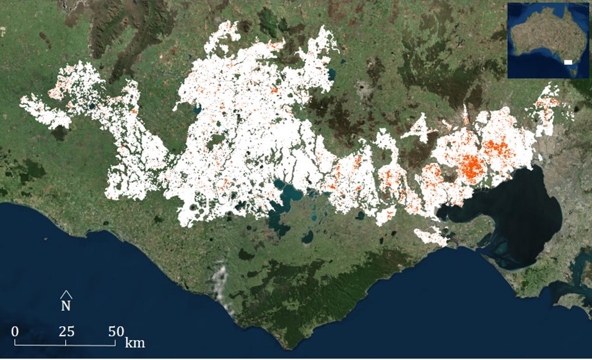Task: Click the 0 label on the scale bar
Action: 15,331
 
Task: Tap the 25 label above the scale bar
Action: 66,331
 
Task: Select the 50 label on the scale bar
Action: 116,331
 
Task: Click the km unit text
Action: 135,343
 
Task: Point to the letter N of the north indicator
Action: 66,305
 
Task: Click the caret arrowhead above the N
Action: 66,294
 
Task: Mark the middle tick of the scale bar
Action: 66,342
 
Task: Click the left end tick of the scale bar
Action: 15,342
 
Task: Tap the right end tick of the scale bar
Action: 115,342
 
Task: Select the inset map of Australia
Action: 548,40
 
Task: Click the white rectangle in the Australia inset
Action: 568,62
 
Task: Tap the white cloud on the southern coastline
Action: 220,281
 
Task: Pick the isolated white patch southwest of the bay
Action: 430,236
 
